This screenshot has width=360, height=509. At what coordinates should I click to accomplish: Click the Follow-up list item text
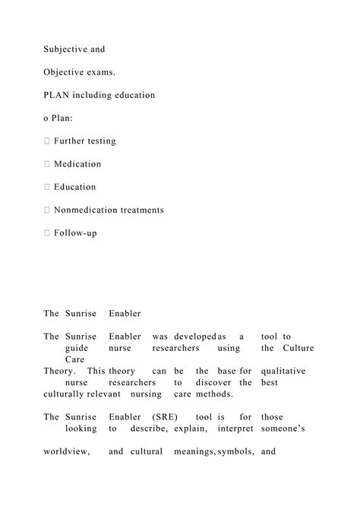(x=75, y=232)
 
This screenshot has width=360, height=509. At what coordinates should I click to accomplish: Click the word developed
(x=194, y=337)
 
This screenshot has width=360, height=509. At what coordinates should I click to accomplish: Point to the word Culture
(x=298, y=348)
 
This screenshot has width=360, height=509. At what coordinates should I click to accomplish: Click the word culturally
(x=64, y=394)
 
